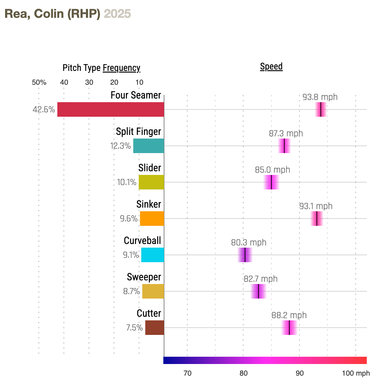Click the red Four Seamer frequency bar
(111, 109)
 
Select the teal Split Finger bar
(148, 146)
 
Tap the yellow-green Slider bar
(151, 182)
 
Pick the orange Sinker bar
(152, 219)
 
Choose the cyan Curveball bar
(152, 255)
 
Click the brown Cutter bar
(155, 328)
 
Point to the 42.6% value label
(44, 109)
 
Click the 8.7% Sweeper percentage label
(131, 291)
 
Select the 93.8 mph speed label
(320, 97)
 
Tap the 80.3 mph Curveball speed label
(249, 243)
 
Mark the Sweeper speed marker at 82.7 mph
(258, 291)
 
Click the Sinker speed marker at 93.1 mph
(317, 219)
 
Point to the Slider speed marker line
(271, 182)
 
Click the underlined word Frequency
(122, 68)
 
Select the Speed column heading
(271, 67)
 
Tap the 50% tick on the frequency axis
(39, 82)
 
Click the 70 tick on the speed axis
(187, 373)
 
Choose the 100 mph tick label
(356, 373)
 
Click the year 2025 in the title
(117, 14)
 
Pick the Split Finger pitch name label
(138, 131)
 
